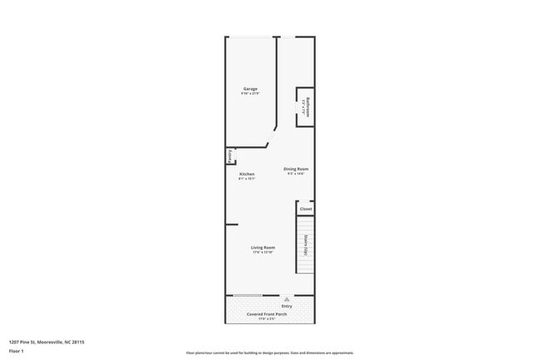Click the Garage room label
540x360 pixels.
[250, 88]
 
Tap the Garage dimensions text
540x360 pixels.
[250, 93]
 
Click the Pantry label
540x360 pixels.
[229, 156]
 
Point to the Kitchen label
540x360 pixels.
[247, 174]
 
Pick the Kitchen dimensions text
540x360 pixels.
[247, 179]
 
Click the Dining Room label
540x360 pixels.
[296, 169]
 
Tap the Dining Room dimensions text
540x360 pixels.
[296, 174]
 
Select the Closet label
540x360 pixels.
[306, 209]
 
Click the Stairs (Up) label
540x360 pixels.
[306, 245]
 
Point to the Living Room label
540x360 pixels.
[263, 247]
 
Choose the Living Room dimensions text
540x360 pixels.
[263, 252]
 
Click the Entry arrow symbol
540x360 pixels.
[287, 298]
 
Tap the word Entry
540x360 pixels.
[287, 305]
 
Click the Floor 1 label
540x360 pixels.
[17, 351]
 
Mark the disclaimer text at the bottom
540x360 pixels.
[269, 352]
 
